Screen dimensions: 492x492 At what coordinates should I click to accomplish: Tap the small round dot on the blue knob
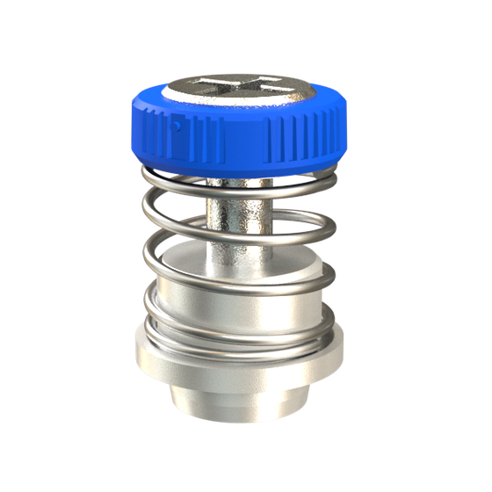click(176, 126)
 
